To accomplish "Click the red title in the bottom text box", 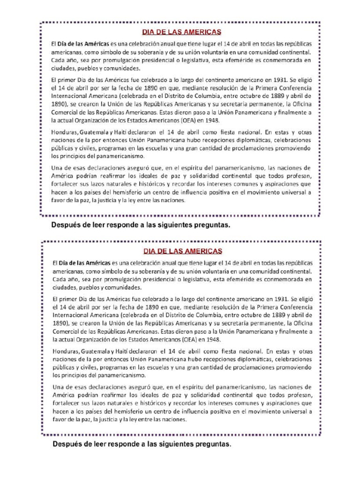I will point(182,251).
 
